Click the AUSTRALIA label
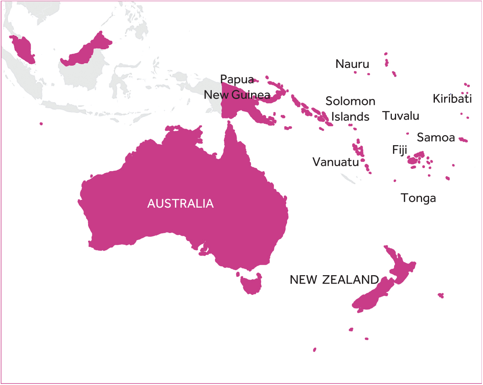pyautogui.click(x=180, y=204)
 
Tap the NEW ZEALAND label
pyautogui.click(x=334, y=280)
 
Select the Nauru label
pyautogui.click(x=352, y=64)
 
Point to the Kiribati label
pyautogui.click(x=452, y=99)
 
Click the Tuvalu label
pyautogui.click(x=401, y=116)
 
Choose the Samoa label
pyautogui.click(x=436, y=137)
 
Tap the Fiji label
pyautogui.click(x=400, y=150)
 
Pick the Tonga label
pyautogui.click(x=418, y=198)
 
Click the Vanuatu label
pyautogui.click(x=336, y=162)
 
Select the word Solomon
pyautogui.click(x=350, y=101)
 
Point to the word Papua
pyautogui.click(x=237, y=80)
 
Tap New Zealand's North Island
pyautogui.click(x=402, y=268)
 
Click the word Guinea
pyautogui.click(x=251, y=95)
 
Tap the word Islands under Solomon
pyautogui.click(x=350, y=117)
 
